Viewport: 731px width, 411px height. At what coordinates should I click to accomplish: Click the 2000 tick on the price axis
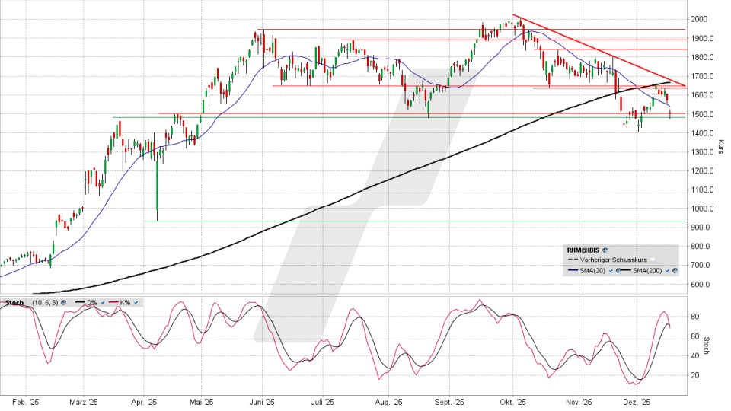[x=700, y=19]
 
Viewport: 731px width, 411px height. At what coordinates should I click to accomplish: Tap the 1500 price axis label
[x=700, y=114]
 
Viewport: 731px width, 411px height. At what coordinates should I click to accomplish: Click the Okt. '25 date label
[x=514, y=401]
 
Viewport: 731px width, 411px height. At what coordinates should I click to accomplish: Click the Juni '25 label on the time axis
[x=262, y=401]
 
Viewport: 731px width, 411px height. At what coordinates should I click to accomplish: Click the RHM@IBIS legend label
[x=583, y=249]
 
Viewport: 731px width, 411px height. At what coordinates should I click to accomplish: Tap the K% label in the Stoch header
[x=124, y=302]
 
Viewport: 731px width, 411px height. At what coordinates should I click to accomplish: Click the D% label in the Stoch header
[x=91, y=302]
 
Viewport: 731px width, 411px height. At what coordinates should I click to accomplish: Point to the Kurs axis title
[x=720, y=146]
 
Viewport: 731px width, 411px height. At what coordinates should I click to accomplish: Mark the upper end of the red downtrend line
[x=514, y=14]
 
